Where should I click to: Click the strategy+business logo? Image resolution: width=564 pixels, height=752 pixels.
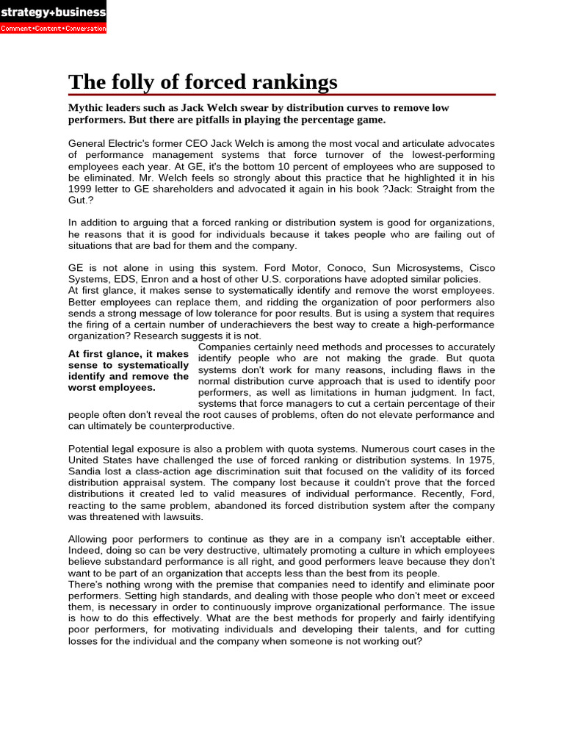[53, 12]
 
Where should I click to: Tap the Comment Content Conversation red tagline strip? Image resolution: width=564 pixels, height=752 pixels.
[53, 29]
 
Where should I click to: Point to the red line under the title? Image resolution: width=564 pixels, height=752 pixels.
[282, 95]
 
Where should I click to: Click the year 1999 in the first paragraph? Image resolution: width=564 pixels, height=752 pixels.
[81, 189]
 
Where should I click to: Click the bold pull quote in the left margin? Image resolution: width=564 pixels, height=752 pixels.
[129, 371]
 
